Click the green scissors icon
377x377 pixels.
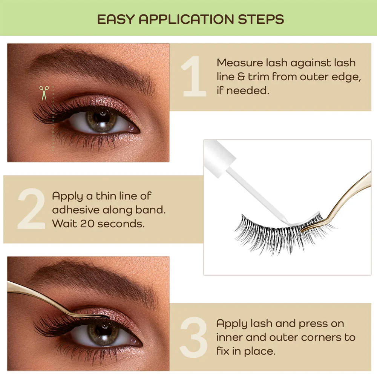(44, 93)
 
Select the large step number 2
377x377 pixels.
(32, 208)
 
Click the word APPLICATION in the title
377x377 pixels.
(186, 19)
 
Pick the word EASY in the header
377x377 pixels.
(116, 19)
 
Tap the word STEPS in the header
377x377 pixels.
(261, 19)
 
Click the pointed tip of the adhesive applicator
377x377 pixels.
(287, 223)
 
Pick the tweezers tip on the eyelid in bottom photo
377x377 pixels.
(109, 317)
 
